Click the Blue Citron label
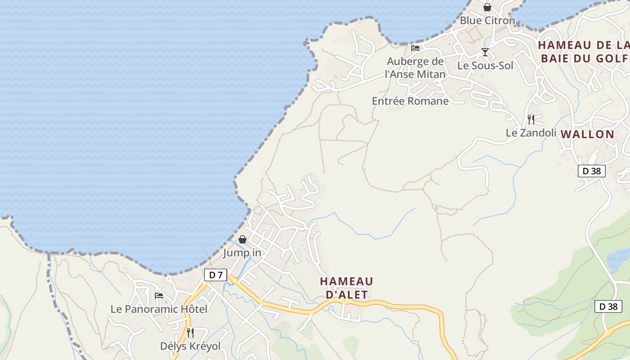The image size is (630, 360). pos(487,21)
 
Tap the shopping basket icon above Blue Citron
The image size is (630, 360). pos(487,7)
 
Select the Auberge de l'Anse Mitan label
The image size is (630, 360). pos(415,68)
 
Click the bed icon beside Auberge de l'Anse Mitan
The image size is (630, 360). pos(415,48)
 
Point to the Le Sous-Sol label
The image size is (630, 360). pos(485,66)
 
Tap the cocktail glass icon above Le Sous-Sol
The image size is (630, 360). pos(485,52)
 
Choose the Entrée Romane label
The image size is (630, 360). pos(410,101)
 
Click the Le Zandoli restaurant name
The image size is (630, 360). pos(531,133)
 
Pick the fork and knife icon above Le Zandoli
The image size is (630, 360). pos(531,120)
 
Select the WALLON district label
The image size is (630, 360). pos(588,134)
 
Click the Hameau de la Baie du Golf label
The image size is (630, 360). pos(584,52)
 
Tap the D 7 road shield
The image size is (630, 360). pos(216,275)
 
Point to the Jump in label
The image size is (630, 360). pos(242,253)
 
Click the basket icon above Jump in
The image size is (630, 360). pos(242,239)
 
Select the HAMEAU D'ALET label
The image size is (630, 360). pos(346,288)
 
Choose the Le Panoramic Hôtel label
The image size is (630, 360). pos(159,309)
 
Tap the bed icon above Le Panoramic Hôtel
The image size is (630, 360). pos(159,296)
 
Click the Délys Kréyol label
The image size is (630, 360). pos(190,346)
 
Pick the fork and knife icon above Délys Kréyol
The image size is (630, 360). pos(190,333)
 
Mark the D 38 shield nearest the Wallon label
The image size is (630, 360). pos(592,171)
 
